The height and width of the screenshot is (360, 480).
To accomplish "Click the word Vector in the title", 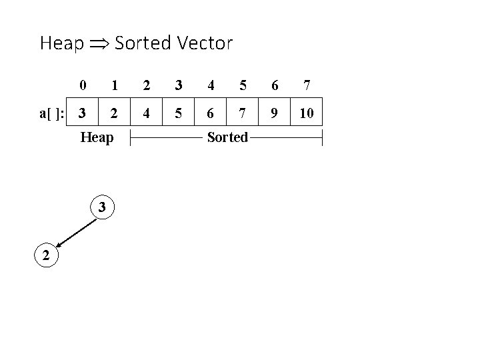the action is [205, 44].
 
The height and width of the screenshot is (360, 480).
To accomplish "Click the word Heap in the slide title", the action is [62, 45].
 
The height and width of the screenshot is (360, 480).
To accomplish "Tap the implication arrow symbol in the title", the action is [99, 45].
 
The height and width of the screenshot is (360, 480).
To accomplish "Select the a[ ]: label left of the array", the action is [51, 113].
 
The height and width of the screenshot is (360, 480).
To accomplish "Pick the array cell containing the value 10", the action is [306, 113].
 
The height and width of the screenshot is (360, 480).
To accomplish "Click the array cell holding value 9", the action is [274, 113].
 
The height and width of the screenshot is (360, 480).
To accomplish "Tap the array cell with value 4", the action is [146, 113].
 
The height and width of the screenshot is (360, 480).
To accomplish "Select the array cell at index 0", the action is [82, 113].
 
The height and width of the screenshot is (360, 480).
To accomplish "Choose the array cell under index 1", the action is [114, 113].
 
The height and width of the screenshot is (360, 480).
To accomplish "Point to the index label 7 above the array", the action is [306, 85].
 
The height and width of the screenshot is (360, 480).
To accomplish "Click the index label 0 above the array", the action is [82, 85].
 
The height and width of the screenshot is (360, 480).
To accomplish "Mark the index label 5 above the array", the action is [243, 85].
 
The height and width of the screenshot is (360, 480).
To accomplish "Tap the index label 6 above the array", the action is [274, 85].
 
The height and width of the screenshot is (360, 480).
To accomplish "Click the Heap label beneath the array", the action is [97, 138].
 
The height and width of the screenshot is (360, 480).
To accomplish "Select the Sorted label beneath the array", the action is [227, 138].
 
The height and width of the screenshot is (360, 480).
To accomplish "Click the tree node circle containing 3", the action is [102, 207].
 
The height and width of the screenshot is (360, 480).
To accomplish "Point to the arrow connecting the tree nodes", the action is [74, 231].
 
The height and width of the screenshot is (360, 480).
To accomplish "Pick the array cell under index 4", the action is [210, 113].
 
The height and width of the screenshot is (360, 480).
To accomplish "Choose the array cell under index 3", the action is [178, 113].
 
